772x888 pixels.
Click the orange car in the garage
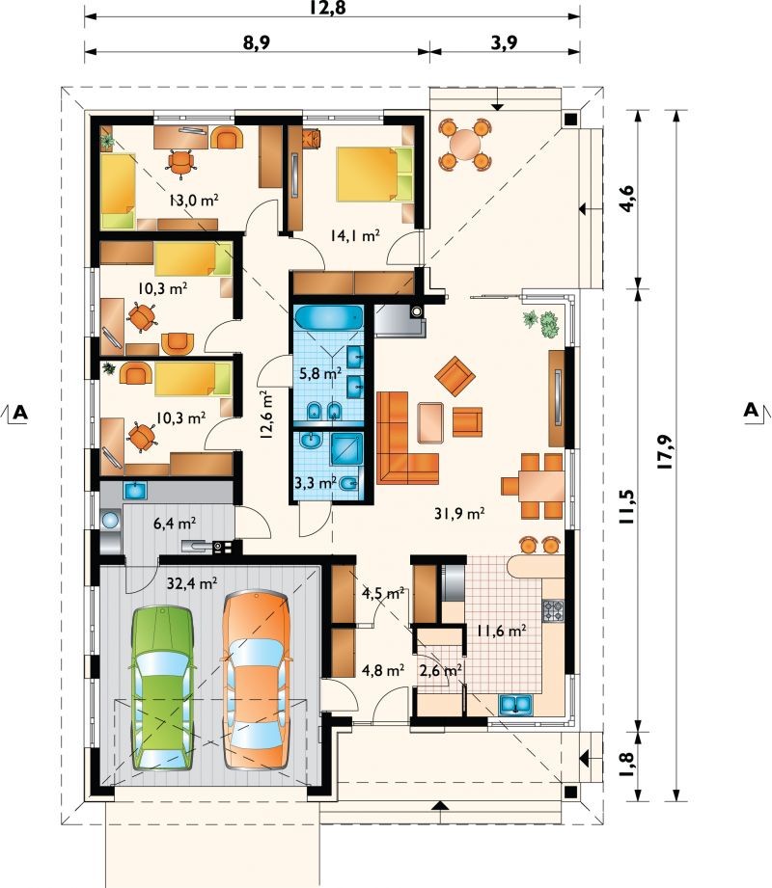click(x=257, y=680)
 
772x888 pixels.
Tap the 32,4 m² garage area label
click(x=192, y=582)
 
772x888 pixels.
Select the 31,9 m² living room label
click(x=459, y=514)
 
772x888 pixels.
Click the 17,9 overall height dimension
click(x=664, y=451)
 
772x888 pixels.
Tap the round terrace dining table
click(x=465, y=144)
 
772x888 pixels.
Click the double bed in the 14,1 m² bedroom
click(x=375, y=174)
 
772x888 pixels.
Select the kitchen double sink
click(x=515, y=705)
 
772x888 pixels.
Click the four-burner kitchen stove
click(x=554, y=611)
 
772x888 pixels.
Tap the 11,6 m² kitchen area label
click(x=501, y=631)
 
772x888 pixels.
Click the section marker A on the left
click(x=20, y=413)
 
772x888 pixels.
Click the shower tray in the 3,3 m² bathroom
click(x=345, y=449)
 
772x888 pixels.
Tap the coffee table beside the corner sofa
click(x=430, y=422)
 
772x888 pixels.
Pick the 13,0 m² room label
click(x=194, y=200)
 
